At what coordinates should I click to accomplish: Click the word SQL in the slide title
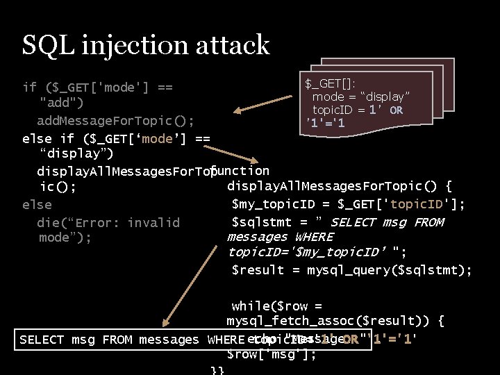pyautogui.click(x=47, y=44)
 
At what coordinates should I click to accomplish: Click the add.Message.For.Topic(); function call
pyautogui.click(x=115, y=120)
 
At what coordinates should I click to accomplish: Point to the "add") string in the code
pyautogui.click(x=62, y=103)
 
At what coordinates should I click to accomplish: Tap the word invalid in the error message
pyautogui.click(x=153, y=222)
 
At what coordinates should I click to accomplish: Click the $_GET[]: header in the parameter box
pyautogui.click(x=331, y=84)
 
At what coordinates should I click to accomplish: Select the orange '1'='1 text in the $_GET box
pyautogui.click(x=326, y=124)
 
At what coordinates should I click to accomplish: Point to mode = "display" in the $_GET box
pyautogui.click(x=360, y=97)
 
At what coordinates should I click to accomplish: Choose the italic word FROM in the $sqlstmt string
pyautogui.click(x=428, y=222)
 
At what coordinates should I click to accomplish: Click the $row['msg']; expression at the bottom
pyautogui.click(x=272, y=354)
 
